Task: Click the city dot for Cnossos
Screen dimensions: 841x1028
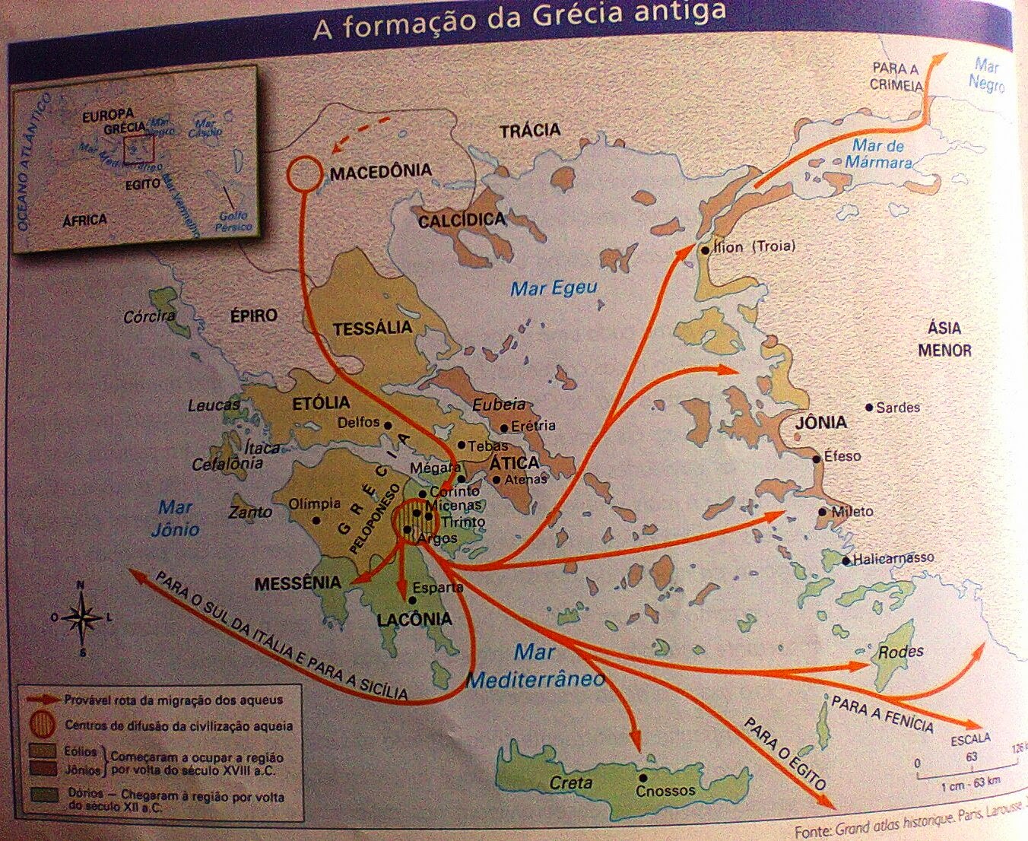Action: click(643, 777)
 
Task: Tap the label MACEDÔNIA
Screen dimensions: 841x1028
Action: click(380, 172)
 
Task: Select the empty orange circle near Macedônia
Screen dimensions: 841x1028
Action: click(305, 173)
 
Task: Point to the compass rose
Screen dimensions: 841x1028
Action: click(82, 617)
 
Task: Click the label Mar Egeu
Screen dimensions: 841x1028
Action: click(554, 288)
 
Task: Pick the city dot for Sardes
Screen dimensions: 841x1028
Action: click(870, 408)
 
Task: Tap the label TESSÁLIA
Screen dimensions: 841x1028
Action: click(372, 328)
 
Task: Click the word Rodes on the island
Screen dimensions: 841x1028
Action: click(900, 652)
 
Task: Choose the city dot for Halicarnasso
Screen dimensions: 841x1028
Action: click(846, 561)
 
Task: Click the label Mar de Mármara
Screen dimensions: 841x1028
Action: click(878, 154)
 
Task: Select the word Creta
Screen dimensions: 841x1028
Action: click(570, 783)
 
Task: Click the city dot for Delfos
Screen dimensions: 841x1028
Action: click(388, 425)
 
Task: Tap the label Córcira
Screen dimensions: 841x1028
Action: click(149, 316)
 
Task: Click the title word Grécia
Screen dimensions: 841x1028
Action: click(579, 15)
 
